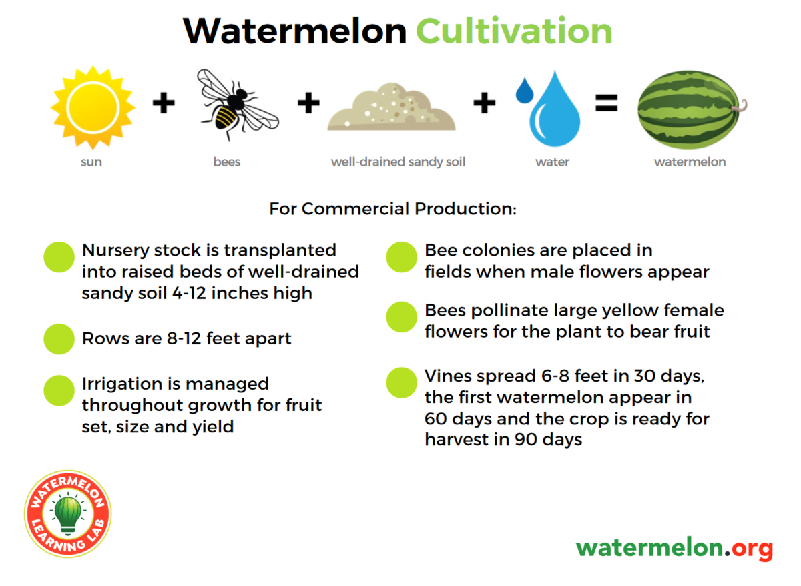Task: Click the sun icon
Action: pyautogui.click(x=93, y=107)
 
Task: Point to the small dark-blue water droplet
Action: pyautogui.click(x=524, y=91)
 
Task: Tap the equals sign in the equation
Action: pyautogui.click(x=607, y=103)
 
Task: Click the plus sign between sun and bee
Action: pyautogui.click(x=164, y=103)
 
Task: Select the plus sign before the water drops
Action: pyautogui.click(x=485, y=103)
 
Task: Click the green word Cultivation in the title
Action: pyautogui.click(x=514, y=31)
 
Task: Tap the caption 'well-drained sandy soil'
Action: pyautogui.click(x=398, y=162)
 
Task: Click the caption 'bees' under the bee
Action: pyautogui.click(x=227, y=162)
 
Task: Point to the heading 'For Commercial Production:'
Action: pyautogui.click(x=393, y=208)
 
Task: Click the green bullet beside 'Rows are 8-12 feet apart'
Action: pyautogui.click(x=59, y=339)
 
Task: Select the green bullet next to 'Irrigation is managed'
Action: pyautogui.click(x=59, y=390)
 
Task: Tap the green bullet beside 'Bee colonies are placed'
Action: pyautogui.click(x=402, y=257)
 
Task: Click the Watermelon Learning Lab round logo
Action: pyautogui.click(x=68, y=513)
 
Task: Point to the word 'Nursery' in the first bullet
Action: pyautogui.click(x=115, y=251)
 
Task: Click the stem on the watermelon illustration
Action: pyautogui.click(x=740, y=107)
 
